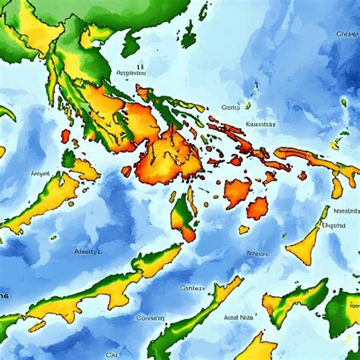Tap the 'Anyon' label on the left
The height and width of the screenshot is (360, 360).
pos(39,173)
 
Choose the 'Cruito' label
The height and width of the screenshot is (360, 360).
pos(230,107)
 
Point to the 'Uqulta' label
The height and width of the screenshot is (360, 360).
pos(334,225)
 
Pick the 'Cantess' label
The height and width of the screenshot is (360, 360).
pos(193,288)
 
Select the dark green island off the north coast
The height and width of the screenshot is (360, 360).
pos(131,44)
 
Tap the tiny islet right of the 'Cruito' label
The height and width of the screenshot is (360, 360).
pos(248,106)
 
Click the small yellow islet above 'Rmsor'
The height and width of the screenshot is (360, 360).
pos(244,229)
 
